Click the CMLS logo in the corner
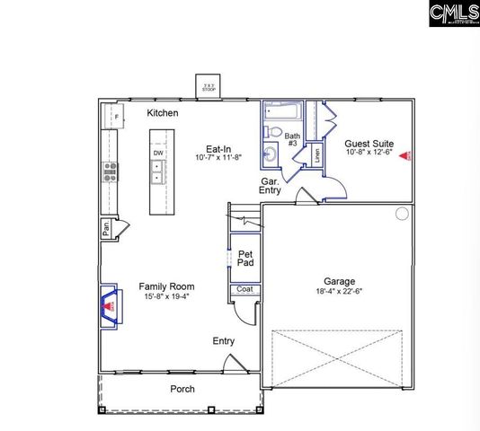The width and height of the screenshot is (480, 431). [x=453, y=13]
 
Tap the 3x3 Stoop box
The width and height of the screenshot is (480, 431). [x=209, y=87]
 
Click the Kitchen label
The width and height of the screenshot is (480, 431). [x=163, y=113]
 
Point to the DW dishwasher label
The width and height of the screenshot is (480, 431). [x=158, y=154]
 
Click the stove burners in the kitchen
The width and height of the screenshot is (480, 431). [x=111, y=172]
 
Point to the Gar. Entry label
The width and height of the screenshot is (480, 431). [x=270, y=185]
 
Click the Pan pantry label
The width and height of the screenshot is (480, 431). [x=106, y=228]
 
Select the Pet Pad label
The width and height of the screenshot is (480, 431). [x=245, y=259]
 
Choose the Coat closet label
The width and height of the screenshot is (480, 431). [x=244, y=289]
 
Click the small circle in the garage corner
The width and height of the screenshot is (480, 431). [x=402, y=214]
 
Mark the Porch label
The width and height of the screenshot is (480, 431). [x=182, y=389]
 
